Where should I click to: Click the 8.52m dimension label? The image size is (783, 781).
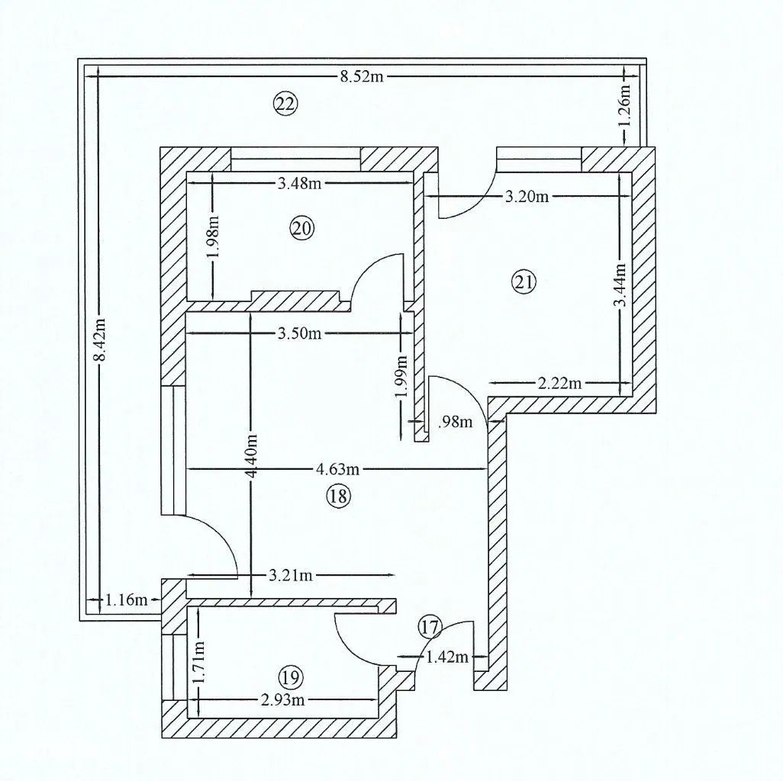tap(362, 76)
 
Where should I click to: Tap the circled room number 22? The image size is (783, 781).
tap(285, 104)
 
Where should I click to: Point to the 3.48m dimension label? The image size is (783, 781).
tap(299, 184)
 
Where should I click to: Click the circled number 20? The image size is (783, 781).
tap(301, 229)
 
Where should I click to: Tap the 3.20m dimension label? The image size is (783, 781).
tap(527, 197)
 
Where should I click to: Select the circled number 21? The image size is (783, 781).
tap(524, 282)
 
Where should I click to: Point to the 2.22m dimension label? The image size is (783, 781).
tap(560, 384)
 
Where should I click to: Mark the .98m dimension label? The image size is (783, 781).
tap(455, 423)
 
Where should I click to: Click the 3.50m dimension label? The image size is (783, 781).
tap(300, 333)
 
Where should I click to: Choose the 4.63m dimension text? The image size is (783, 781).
tap(337, 469)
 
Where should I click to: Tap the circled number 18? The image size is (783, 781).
tap(338, 496)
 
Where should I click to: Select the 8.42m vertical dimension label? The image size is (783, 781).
tap(101, 339)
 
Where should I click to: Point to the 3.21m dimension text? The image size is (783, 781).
tap(291, 575)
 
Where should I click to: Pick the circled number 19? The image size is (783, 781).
tap(291, 678)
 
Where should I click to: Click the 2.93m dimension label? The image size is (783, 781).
tap(282, 700)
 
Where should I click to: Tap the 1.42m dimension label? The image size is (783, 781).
tap(447, 657)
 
